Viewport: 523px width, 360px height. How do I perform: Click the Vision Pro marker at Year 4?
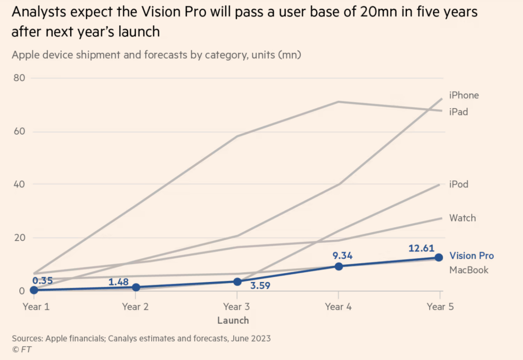[x=338, y=266]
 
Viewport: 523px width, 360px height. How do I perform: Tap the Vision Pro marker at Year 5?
[x=439, y=257]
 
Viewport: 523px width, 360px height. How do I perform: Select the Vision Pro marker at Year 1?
[x=33, y=290]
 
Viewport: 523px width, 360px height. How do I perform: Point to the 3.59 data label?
[x=260, y=285]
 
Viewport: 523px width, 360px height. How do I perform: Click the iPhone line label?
[x=464, y=95]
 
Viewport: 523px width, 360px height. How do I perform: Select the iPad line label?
[x=459, y=111]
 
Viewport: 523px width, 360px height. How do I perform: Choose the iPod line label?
[x=459, y=184]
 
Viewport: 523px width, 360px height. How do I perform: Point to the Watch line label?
[x=462, y=218]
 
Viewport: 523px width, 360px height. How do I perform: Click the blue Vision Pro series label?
[x=472, y=256]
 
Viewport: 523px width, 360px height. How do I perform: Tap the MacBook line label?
[x=469, y=270]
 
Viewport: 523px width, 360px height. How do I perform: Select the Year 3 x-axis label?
[x=236, y=306]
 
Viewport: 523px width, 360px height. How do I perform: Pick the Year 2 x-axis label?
[x=135, y=306]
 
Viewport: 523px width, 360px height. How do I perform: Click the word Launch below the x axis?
[x=233, y=320]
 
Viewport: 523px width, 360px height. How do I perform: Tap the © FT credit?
[x=22, y=349]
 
